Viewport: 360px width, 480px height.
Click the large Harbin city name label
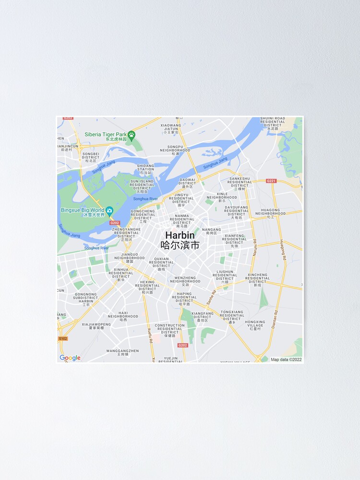(180, 236)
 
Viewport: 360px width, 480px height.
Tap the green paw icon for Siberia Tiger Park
(132, 134)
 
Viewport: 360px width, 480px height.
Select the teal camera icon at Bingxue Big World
(109, 210)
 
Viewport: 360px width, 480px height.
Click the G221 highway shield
(271, 181)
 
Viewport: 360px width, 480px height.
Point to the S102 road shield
(63, 338)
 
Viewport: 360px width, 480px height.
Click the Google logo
(70, 358)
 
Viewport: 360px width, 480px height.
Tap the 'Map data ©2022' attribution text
(286, 359)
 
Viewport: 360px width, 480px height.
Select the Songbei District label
(90, 156)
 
